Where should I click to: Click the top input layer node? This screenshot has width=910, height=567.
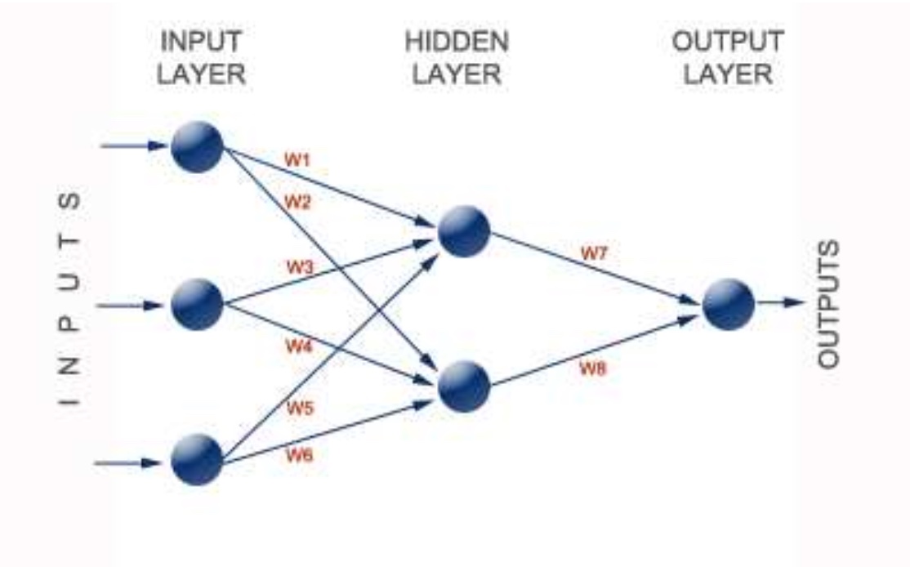(x=197, y=147)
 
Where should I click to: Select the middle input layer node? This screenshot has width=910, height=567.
(x=197, y=304)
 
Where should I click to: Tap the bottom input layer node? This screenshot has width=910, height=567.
(x=197, y=460)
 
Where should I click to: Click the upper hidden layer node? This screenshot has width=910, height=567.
(x=464, y=231)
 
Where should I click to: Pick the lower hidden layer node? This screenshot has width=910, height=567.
(x=464, y=386)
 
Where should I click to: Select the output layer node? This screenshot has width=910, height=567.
(x=728, y=304)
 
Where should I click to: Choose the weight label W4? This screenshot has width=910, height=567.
(x=299, y=346)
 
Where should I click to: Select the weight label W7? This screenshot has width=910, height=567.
(x=594, y=253)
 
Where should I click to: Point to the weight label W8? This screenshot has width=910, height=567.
(x=594, y=368)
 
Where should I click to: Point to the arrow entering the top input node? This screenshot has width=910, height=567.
(x=135, y=146)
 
